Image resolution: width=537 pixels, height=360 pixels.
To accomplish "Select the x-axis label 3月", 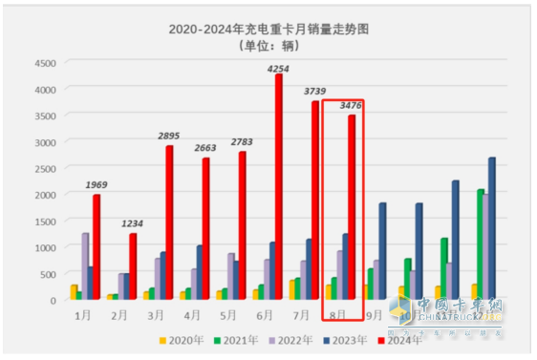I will tap(154, 313).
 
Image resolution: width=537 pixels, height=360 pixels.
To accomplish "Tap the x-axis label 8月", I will tap(335, 313).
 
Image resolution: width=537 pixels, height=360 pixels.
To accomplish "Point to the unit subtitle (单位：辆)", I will tap(268, 46).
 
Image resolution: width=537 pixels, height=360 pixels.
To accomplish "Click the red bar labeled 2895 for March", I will tap(169, 222).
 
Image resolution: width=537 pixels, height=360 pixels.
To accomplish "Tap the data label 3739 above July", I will tap(314, 92).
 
